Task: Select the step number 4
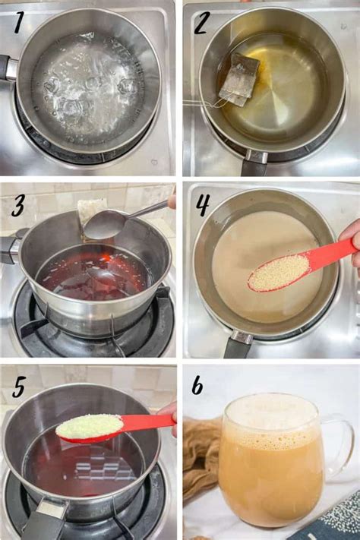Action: [x=201, y=206]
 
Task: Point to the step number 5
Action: [x=19, y=387]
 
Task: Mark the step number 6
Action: [x=197, y=386]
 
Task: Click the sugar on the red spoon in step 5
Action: [x=89, y=426]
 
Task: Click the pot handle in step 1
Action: [x=8, y=68]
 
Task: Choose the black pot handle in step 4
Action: [x=237, y=346]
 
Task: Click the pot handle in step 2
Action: [x=254, y=163]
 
